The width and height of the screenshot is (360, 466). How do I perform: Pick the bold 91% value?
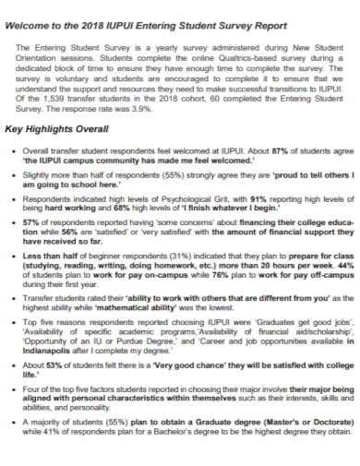[257, 197]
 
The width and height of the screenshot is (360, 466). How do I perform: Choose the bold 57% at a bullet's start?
[30, 222]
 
